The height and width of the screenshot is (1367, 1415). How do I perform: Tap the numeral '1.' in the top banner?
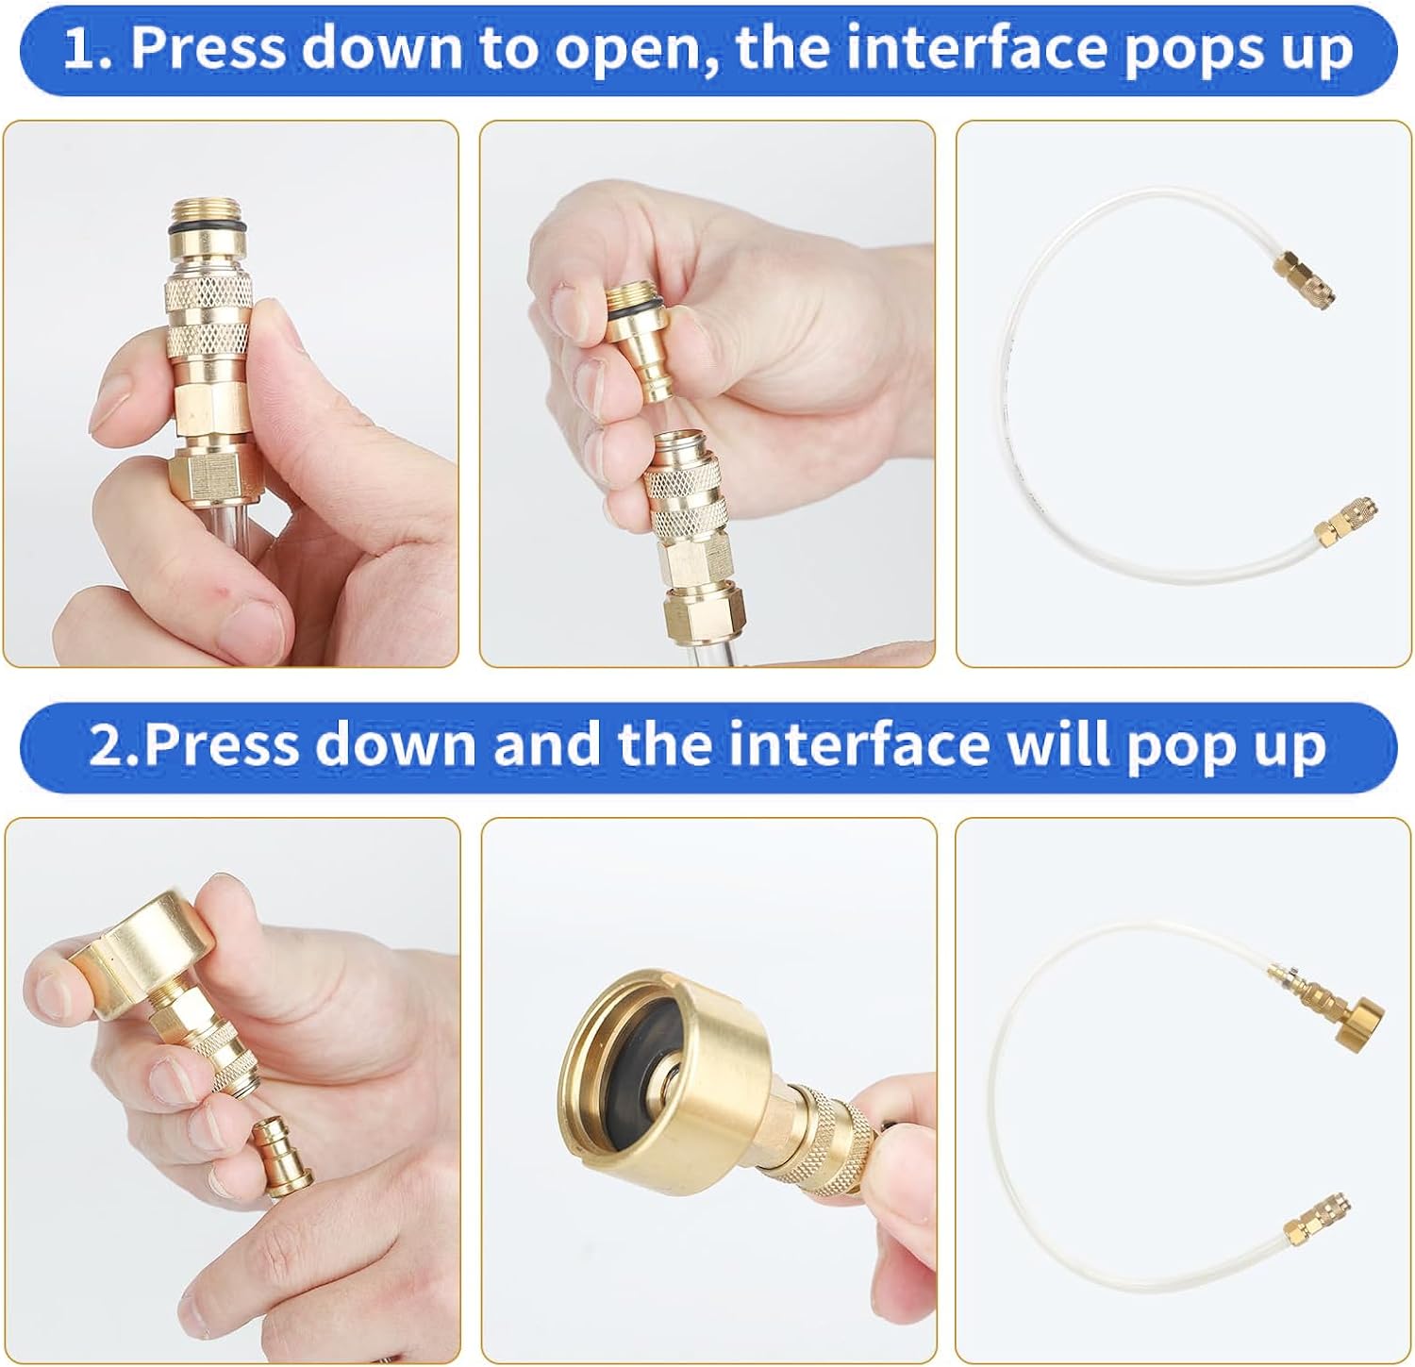point(88,48)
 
